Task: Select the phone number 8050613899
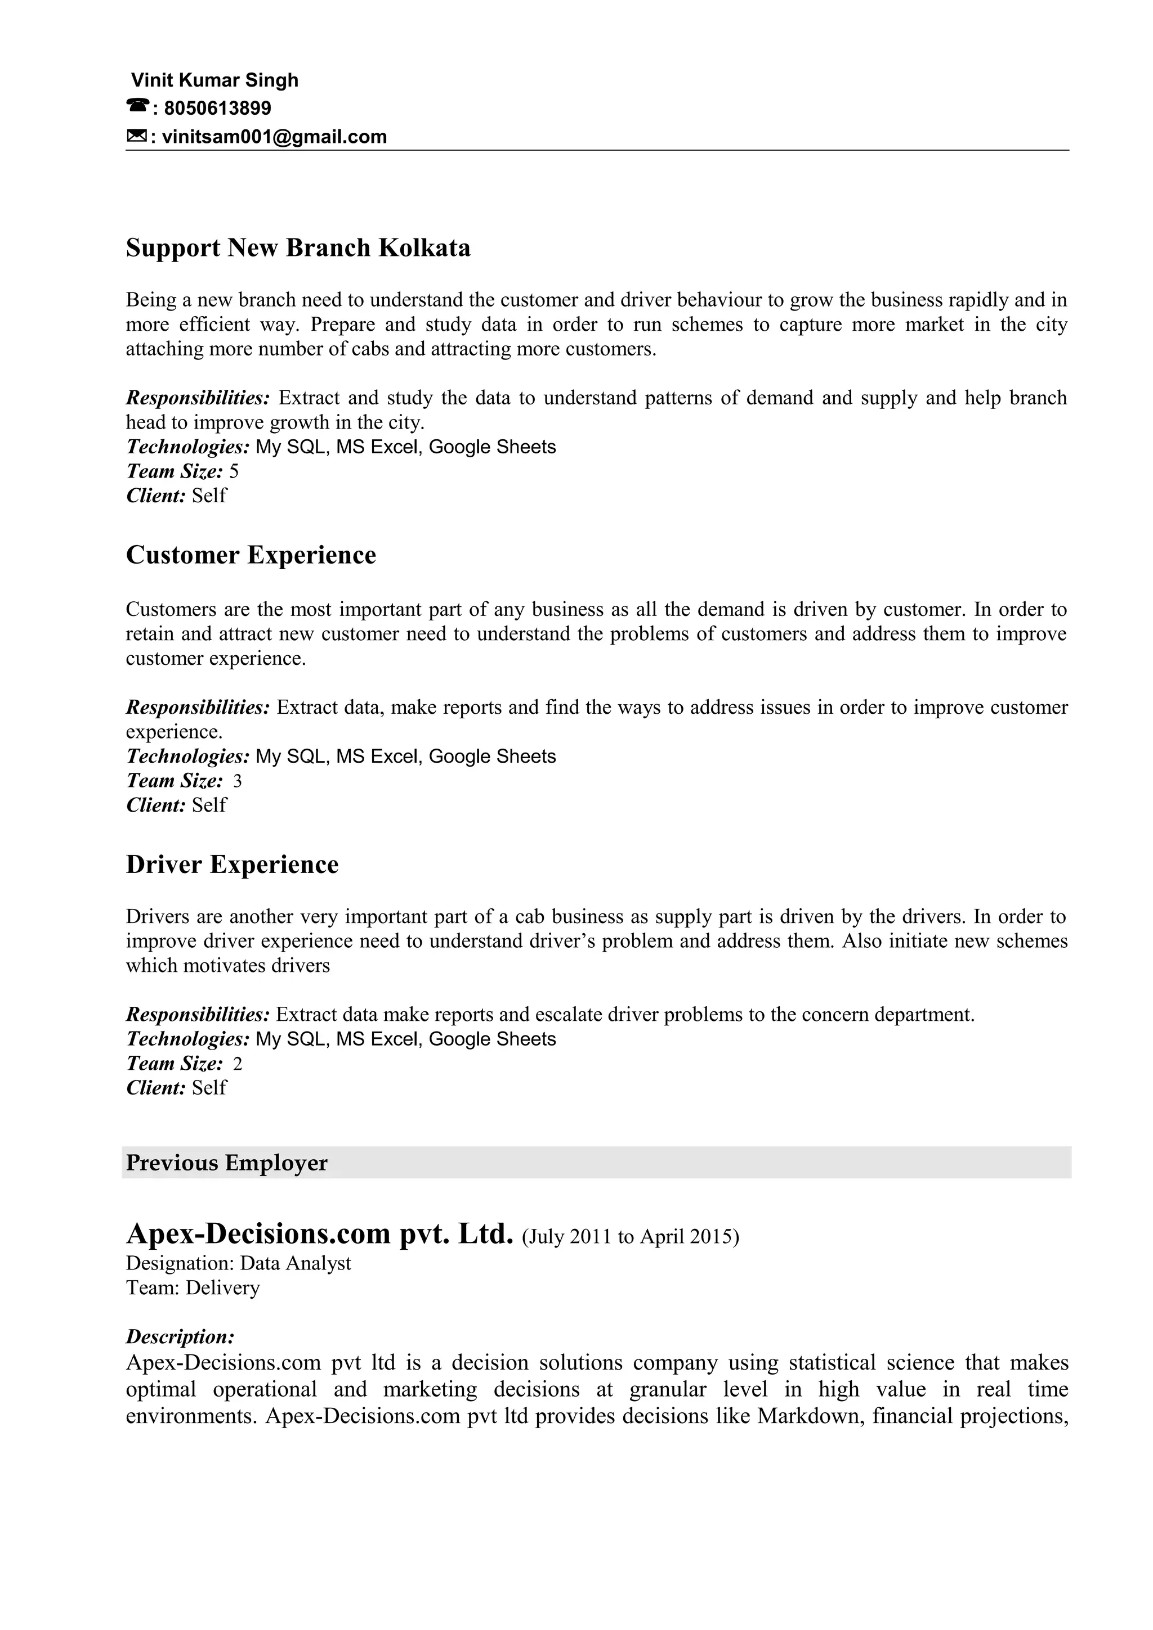coord(217,108)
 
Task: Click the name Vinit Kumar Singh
coord(214,80)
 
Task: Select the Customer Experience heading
coord(251,555)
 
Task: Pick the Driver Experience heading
coord(233,864)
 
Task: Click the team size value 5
coord(234,471)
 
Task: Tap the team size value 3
coord(237,781)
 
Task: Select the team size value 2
coord(237,1064)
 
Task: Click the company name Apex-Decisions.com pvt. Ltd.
coord(319,1235)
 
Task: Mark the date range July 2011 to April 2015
coord(630,1237)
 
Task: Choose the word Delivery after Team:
coord(222,1288)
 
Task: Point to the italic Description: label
coord(180,1337)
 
